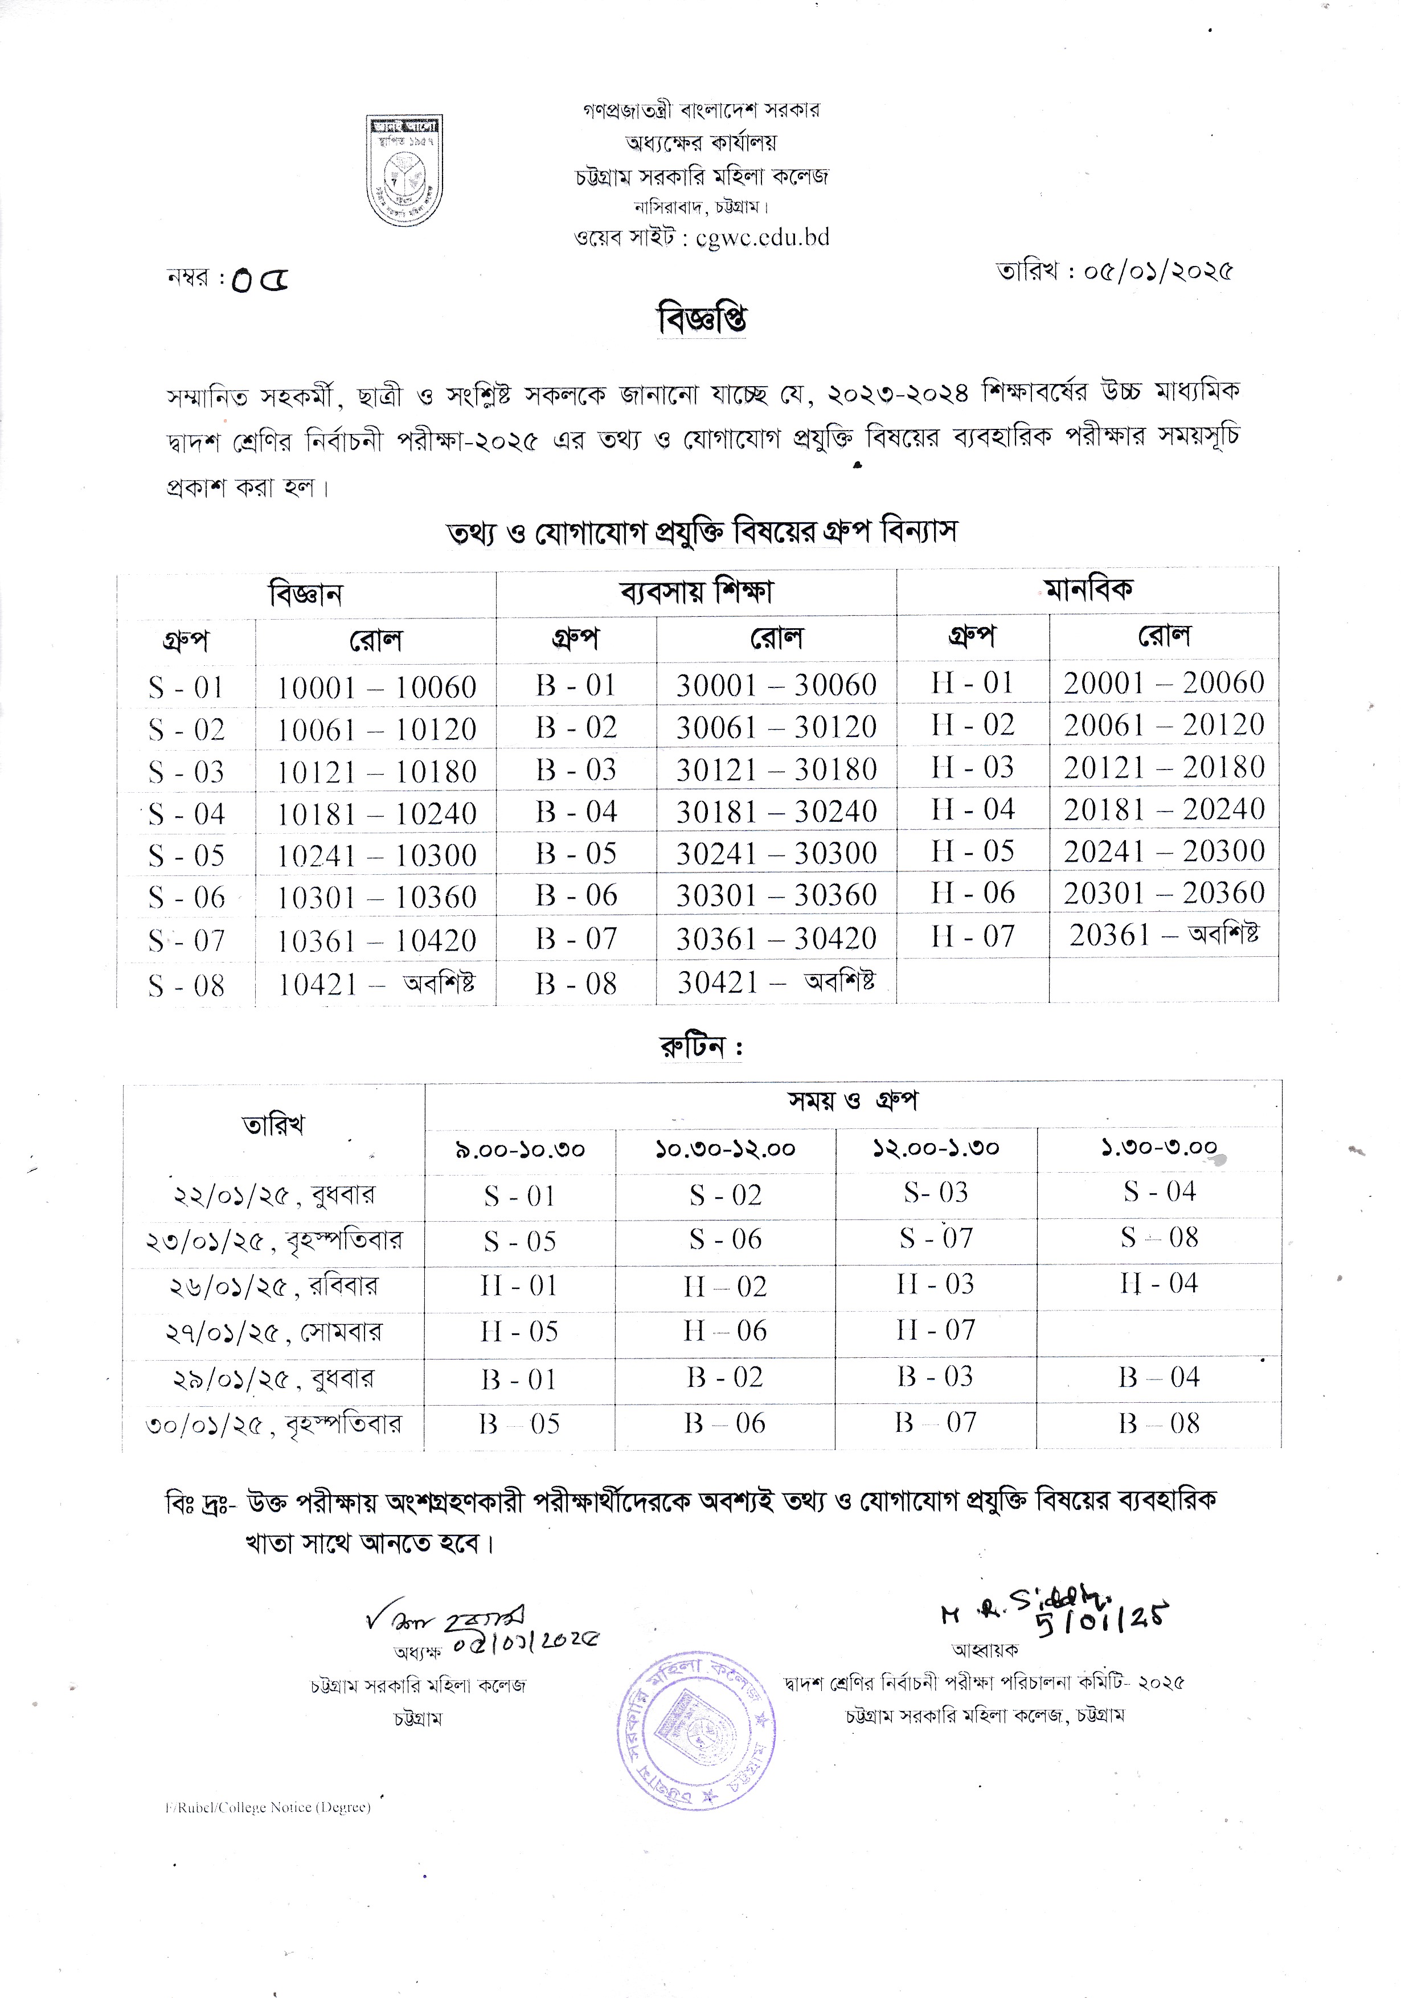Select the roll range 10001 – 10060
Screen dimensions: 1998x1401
coord(376,687)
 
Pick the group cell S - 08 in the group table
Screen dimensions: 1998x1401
coord(186,985)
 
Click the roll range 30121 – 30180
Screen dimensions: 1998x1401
coord(776,769)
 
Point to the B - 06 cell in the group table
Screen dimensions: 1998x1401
coord(576,895)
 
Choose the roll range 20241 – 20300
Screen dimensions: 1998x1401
coord(1164,851)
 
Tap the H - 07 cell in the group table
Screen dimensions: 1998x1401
coord(972,936)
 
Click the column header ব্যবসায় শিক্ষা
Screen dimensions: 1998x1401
coord(696,592)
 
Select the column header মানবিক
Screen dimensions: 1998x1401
coord(1088,589)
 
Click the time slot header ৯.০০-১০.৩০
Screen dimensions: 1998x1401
coord(519,1149)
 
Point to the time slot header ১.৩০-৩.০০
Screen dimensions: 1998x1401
coord(1158,1148)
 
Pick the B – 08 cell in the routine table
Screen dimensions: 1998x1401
coord(1159,1424)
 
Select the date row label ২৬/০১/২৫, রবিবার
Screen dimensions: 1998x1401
coord(273,1286)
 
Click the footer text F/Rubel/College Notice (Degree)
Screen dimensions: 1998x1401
coord(268,1807)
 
